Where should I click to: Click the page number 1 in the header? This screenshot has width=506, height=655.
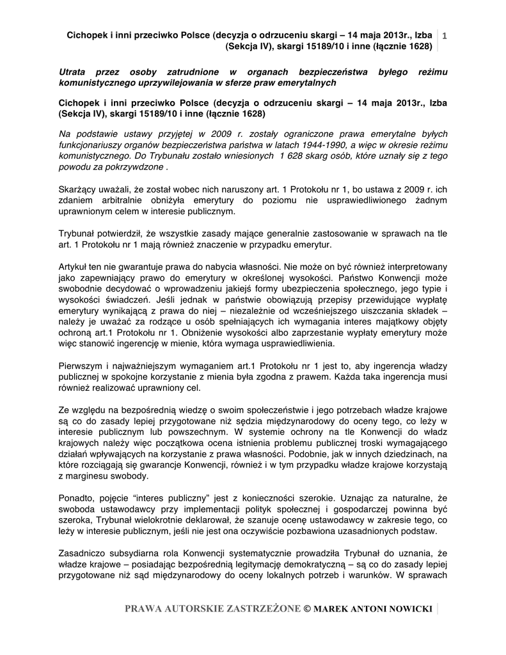(445, 36)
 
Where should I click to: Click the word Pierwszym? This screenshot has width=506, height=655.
(80, 367)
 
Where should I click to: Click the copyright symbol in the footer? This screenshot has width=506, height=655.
(306, 608)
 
